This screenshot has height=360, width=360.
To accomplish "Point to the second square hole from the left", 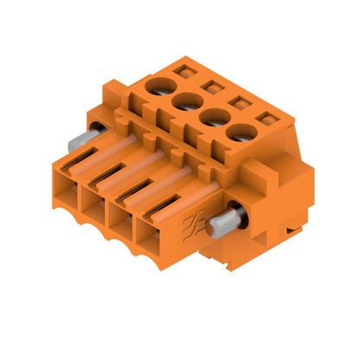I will pos(208,85).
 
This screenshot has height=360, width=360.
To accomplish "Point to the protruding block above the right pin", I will pos(251,182).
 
